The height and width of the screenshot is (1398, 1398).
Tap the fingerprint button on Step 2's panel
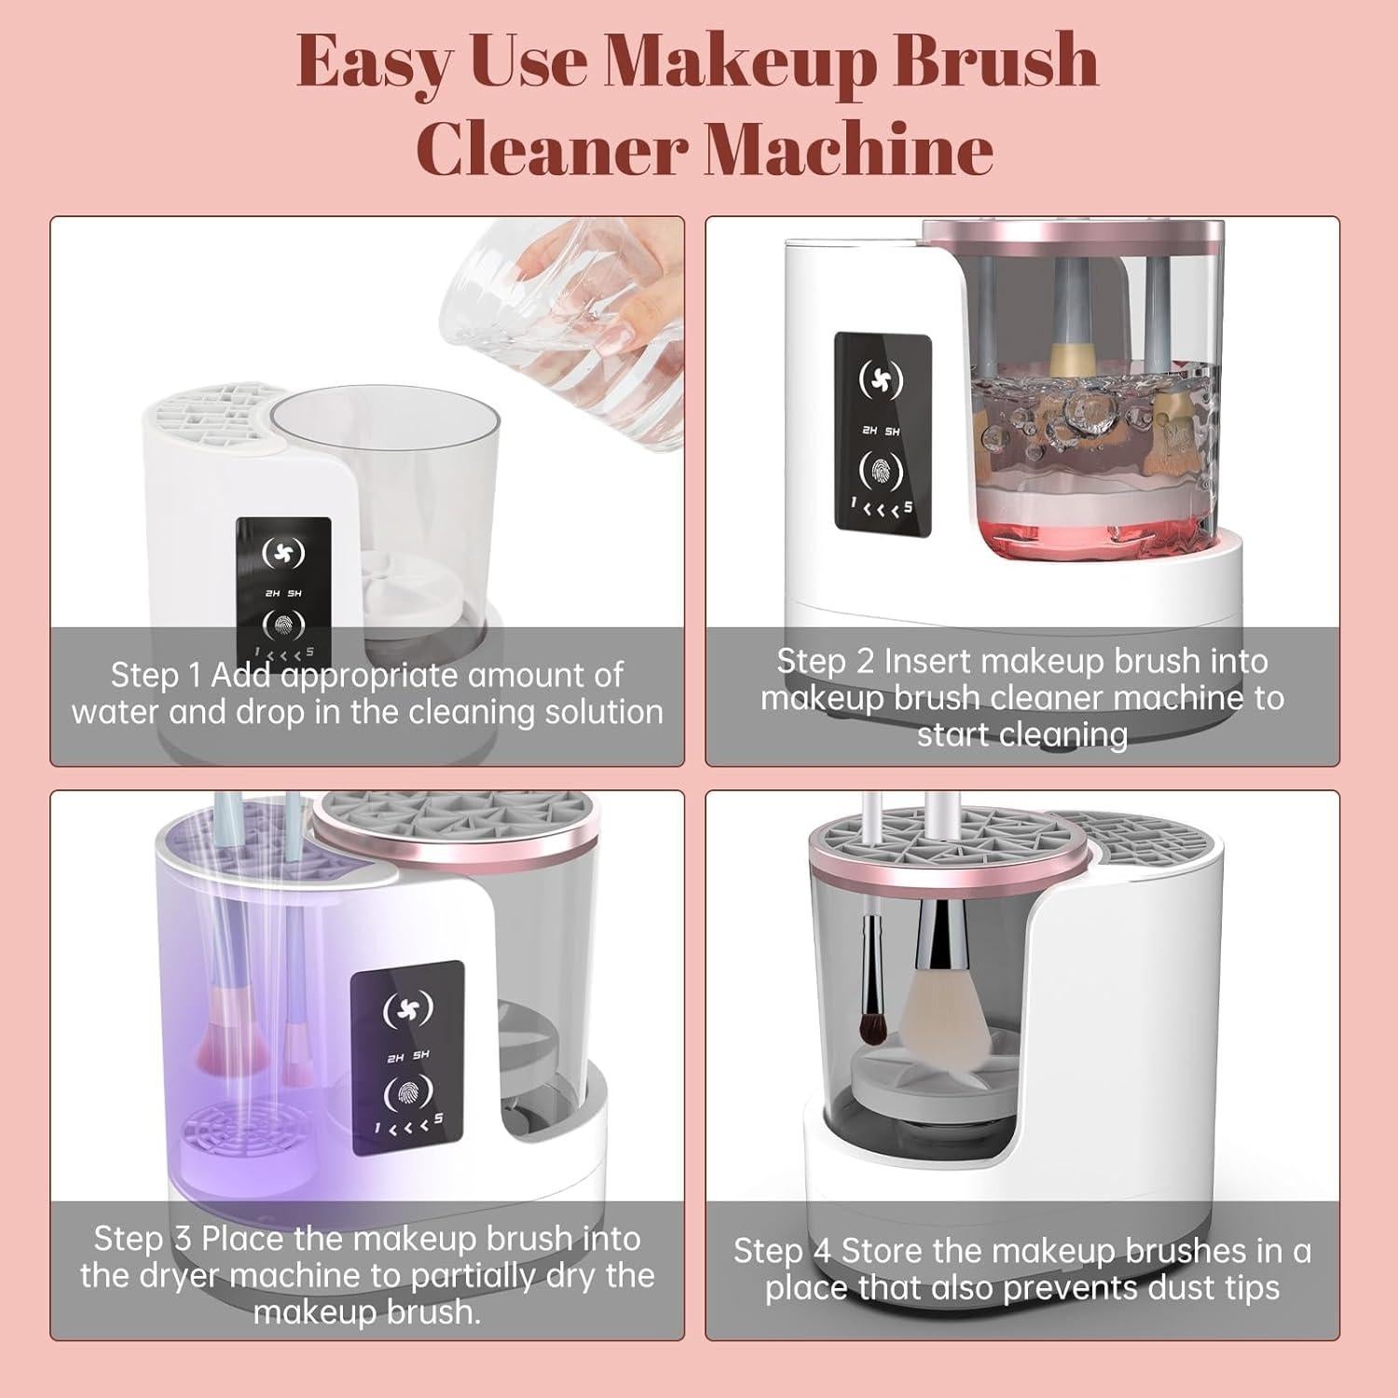pyautogui.click(x=881, y=471)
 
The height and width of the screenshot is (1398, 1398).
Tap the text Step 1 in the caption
pyautogui.click(x=157, y=675)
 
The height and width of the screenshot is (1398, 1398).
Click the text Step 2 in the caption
pyautogui.click(x=825, y=662)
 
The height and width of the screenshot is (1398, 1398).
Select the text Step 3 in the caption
pyautogui.click(x=143, y=1239)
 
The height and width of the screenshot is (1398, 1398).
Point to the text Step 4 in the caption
pyautogui.click(x=782, y=1251)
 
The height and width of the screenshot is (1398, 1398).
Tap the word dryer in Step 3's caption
pyautogui.click(x=175, y=1276)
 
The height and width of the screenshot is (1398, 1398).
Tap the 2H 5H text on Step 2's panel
pyautogui.click(x=881, y=431)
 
